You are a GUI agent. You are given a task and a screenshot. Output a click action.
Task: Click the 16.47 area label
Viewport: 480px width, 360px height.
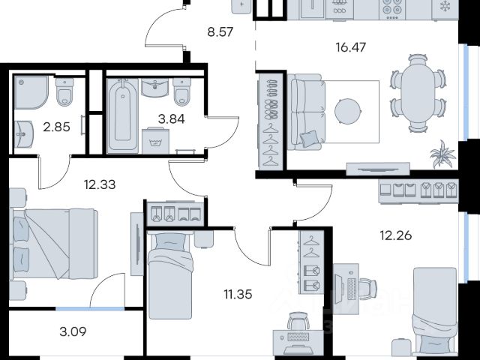click(350, 47)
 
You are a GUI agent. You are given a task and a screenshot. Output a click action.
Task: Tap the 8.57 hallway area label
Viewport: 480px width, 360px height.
click(220, 31)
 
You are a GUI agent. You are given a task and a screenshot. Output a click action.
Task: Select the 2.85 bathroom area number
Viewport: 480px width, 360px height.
click(57, 127)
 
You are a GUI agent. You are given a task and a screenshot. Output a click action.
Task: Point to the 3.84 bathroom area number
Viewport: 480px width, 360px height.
click(172, 118)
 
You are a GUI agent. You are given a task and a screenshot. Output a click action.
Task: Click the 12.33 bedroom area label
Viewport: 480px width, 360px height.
click(100, 184)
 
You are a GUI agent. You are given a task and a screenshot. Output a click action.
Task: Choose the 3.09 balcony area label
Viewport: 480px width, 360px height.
click(73, 331)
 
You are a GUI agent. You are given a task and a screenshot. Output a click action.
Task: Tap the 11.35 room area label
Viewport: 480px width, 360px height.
click(238, 295)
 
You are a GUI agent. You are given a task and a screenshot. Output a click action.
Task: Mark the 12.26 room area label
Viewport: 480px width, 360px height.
click(396, 235)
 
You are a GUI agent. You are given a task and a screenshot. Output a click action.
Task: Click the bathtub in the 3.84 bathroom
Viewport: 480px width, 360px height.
click(123, 115)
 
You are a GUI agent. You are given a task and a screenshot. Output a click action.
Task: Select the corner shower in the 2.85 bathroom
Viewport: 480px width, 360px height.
click(31, 92)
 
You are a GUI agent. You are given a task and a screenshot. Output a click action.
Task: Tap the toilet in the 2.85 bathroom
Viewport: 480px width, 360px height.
click(64, 91)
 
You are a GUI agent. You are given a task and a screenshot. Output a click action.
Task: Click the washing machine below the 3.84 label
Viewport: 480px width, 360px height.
click(155, 141)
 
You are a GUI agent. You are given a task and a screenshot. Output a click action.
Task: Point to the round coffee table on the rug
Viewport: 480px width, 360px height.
click(348, 111)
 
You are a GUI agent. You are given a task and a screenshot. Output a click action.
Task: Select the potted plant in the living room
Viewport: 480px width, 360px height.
click(442, 154)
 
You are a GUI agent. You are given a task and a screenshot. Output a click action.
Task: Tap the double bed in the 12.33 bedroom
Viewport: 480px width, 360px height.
click(55, 244)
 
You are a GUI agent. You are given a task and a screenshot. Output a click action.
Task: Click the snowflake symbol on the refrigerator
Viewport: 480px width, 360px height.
click(445, 7)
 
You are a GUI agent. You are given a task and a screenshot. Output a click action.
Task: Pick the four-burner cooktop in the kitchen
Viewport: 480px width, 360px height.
click(392, 8)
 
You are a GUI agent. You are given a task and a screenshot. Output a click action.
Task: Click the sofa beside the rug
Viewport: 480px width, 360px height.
click(307, 112)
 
